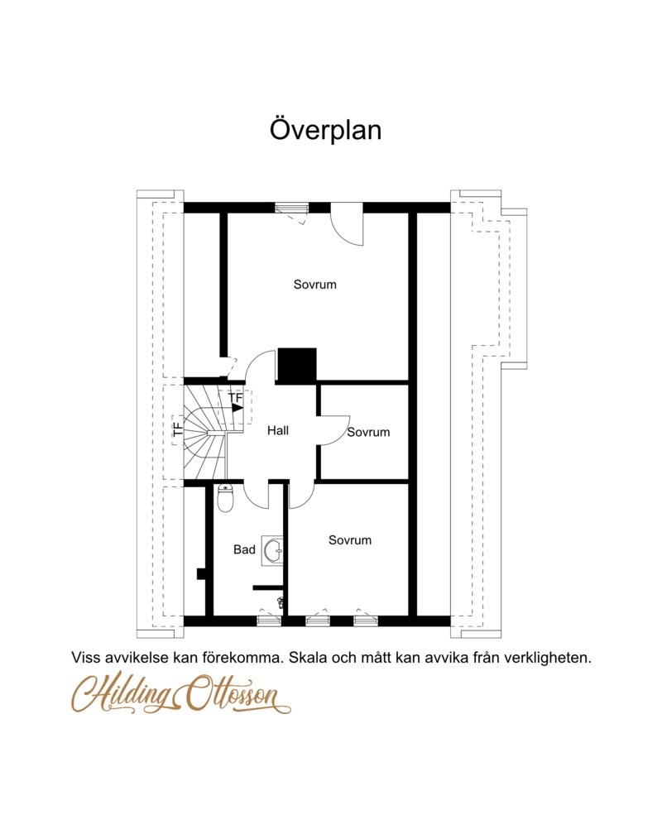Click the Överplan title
(x=326, y=129)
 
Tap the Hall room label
(x=277, y=430)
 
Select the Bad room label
(x=244, y=550)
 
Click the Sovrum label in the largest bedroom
(x=315, y=285)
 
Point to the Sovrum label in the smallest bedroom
(x=368, y=432)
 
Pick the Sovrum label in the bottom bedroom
(x=350, y=539)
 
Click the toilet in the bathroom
(x=226, y=499)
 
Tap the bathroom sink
(x=273, y=551)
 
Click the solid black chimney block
(x=297, y=365)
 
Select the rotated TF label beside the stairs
(x=178, y=429)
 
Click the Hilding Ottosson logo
(x=181, y=692)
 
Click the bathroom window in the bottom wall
(x=268, y=621)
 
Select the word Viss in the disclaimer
(x=85, y=659)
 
